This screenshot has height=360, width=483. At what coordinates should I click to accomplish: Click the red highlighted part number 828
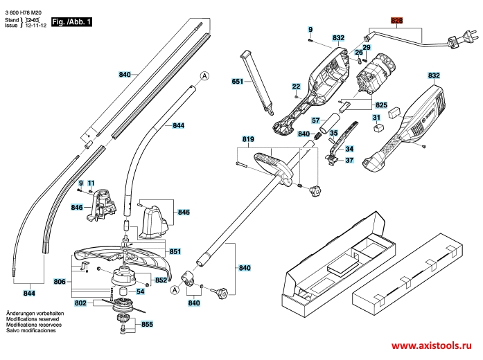point(396,21)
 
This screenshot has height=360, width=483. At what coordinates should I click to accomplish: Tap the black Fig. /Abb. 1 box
point(73,23)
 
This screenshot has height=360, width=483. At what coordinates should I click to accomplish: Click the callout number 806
point(60,282)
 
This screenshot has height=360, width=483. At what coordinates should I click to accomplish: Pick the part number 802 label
point(80,303)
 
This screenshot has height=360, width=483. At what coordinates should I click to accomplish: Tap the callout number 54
point(159,291)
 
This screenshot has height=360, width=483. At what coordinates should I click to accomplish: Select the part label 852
point(161,280)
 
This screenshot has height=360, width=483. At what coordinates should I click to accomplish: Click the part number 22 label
point(296,87)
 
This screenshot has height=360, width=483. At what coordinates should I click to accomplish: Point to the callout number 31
point(377,118)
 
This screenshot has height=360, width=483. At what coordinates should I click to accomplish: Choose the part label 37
point(349,160)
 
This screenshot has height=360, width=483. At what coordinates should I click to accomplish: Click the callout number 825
point(381,105)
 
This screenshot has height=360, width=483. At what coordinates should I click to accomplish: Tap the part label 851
point(175,251)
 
